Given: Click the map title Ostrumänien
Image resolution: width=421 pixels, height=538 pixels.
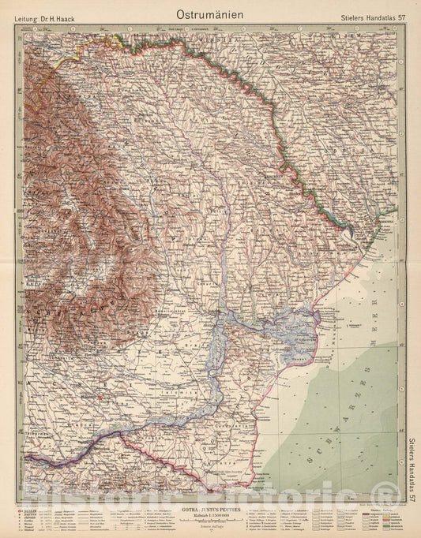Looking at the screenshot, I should click(x=209, y=13).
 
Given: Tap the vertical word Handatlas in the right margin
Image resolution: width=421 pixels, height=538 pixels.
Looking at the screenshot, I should click(x=412, y=467).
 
